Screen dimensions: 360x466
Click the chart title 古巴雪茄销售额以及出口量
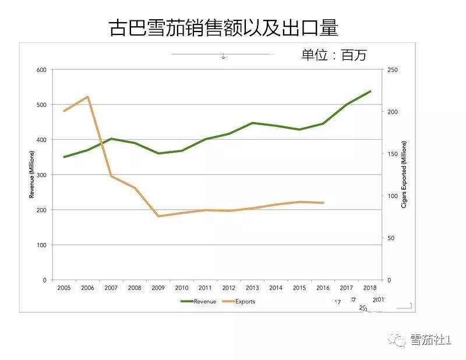coord(224,27)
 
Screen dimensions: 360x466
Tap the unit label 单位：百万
coord(334,55)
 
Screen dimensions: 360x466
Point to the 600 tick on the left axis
coord(41,70)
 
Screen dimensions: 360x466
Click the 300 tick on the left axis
coord(41,175)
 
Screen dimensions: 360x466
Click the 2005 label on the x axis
coord(64,288)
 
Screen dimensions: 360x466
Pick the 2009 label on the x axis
coord(158,288)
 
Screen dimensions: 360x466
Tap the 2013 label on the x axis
coord(252,288)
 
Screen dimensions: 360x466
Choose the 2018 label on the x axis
coord(370,288)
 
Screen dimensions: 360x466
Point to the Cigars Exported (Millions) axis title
coord(403,175)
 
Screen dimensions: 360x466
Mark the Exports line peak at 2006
coord(87,97)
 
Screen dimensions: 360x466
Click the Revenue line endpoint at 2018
coord(370,91)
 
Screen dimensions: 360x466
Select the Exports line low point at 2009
coord(158,216)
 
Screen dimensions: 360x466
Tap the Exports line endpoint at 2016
coord(323,203)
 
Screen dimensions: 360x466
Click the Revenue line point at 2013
coord(252,123)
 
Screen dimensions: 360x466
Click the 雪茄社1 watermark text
coord(430,340)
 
